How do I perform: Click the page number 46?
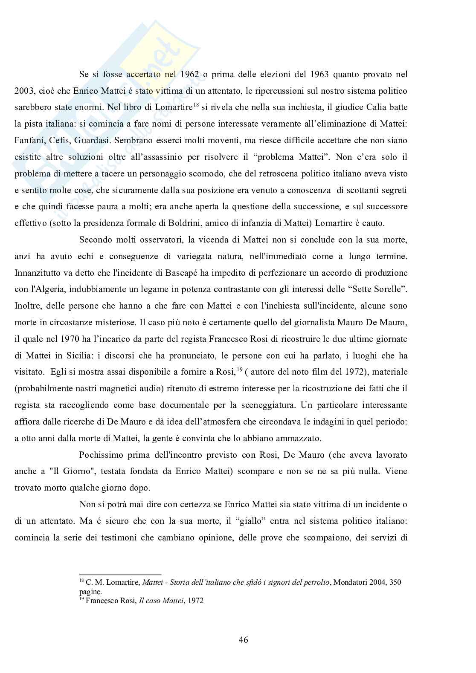click(x=244, y=639)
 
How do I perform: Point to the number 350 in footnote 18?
click(x=395, y=582)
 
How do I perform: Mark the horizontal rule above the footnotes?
click(x=120, y=574)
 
